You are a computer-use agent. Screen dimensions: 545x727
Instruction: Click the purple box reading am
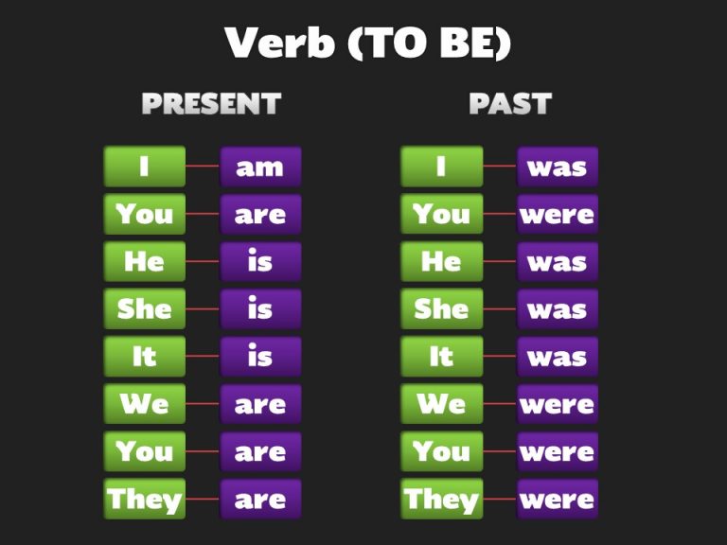tap(260, 167)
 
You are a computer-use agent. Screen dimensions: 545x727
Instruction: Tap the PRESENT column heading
tap(211, 103)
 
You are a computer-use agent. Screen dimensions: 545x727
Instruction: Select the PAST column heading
tap(509, 103)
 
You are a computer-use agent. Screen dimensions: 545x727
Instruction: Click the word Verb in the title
tap(280, 43)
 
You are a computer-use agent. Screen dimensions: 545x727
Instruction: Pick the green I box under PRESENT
tap(144, 167)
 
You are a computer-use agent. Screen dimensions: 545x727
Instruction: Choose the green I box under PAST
tap(441, 167)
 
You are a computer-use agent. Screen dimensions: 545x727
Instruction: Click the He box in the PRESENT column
tap(144, 261)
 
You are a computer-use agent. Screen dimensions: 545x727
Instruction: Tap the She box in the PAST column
tap(441, 308)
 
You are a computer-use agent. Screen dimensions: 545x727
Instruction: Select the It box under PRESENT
tap(144, 357)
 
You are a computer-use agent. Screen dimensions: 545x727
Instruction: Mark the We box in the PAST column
tap(441, 404)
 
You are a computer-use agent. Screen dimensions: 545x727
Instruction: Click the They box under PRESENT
tap(144, 499)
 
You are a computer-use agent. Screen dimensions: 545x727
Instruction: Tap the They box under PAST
tap(441, 499)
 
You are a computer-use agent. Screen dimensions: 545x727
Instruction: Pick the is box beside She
tap(260, 308)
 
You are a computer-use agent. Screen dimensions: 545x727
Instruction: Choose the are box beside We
tap(260, 404)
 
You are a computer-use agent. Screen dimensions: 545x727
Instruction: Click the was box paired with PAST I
tap(558, 167)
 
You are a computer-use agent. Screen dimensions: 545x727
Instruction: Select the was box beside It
tap(558, 357)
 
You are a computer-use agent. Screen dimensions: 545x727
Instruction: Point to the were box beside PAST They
tap(558, 499)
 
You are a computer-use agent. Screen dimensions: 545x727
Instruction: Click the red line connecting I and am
tap(203, 167)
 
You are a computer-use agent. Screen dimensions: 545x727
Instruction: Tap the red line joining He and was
tap(500, 261)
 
